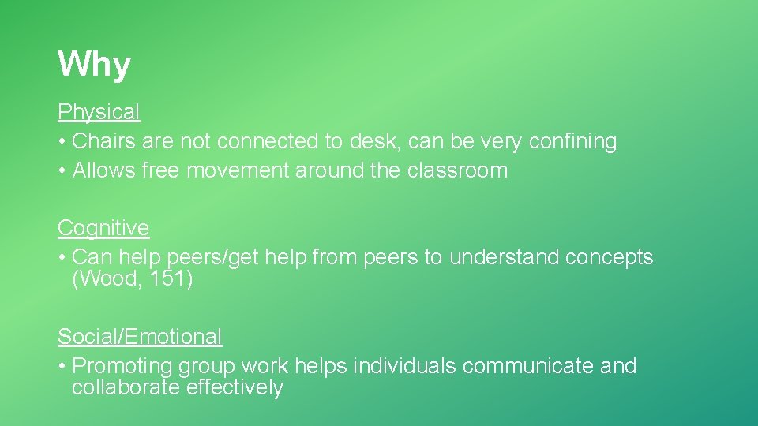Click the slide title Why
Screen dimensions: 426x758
[x=94, y=65]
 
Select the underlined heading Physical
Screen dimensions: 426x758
[x=99, y=113]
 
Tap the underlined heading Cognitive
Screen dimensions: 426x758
[x=103, y=228]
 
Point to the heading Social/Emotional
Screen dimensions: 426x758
[x=140, y=337]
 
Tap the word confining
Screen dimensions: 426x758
[x=572, y=142]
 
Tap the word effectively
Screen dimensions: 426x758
[x=235, y=388]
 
